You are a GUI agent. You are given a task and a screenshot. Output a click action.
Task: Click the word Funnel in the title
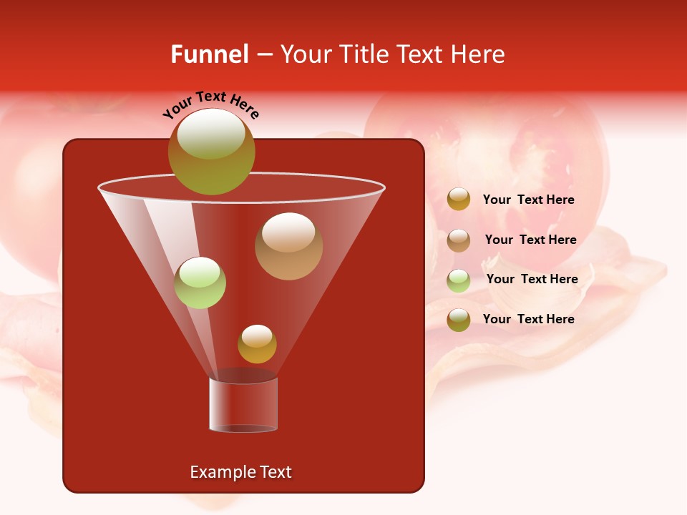point(210,54)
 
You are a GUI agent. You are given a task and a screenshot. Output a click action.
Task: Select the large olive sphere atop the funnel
point(211,152)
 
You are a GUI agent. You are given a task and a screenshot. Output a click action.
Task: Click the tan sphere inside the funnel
point(288,246)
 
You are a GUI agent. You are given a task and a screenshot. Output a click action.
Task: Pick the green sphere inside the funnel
point(200,283)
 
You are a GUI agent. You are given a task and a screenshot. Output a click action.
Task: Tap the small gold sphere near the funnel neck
point(257,344)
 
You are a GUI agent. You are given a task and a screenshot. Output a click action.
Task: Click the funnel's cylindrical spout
point(243,404)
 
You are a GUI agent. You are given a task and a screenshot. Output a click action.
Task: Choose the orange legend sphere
point(459,200)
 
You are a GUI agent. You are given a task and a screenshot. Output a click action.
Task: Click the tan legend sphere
point(459,240)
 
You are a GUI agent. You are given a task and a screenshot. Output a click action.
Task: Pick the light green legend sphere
point(459,280)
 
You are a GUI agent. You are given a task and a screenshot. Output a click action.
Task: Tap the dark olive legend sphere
point(459,319)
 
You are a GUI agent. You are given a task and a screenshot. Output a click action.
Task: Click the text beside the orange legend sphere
point(528,200)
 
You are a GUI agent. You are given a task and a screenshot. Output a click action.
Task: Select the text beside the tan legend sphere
point(530,240)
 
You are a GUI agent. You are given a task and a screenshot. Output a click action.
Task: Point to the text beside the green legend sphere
point(532,279)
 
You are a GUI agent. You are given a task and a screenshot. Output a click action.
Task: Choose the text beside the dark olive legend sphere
point(528,319)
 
